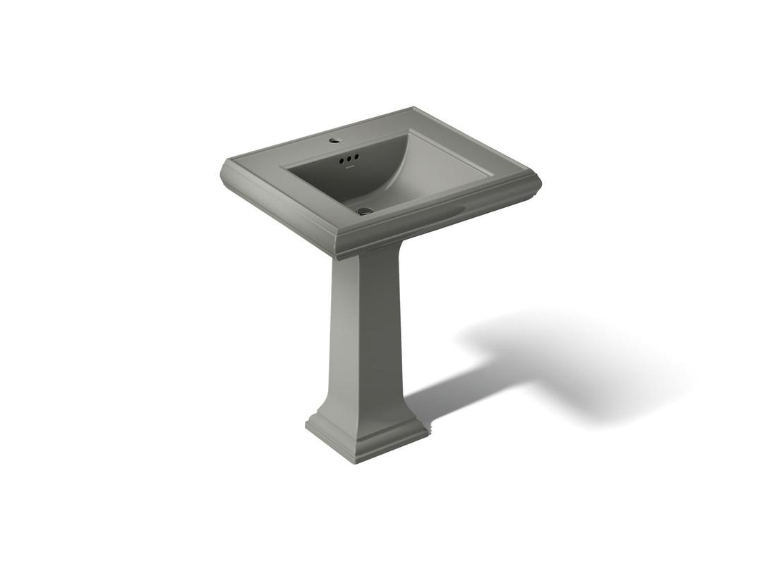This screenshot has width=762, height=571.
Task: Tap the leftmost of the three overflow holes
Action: pos(341,161)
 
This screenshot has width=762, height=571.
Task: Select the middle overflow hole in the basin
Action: pos(349,159)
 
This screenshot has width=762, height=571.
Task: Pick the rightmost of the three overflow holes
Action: pos(357,156)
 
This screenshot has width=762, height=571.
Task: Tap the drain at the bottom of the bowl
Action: pos(364,210)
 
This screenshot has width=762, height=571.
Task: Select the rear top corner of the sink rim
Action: pos(413,109)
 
